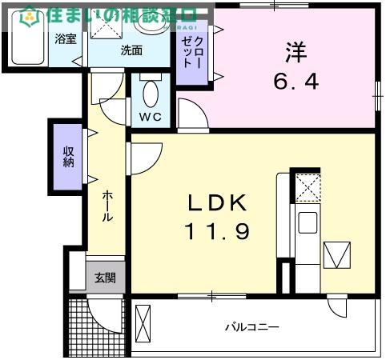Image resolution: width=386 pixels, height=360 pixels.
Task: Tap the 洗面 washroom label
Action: tap(131, 50)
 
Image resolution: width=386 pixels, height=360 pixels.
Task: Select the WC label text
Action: tap(151, 116)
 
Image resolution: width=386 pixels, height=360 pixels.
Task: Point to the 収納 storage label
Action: tap(69, 156)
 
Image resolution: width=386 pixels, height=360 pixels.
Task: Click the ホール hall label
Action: tap(107, 206)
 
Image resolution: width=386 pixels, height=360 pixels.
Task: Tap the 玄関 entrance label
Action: tap(105, 278)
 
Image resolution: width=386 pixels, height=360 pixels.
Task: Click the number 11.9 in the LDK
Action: tap(218, 231)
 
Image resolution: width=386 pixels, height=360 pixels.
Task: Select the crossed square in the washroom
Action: tap(104, 26)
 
